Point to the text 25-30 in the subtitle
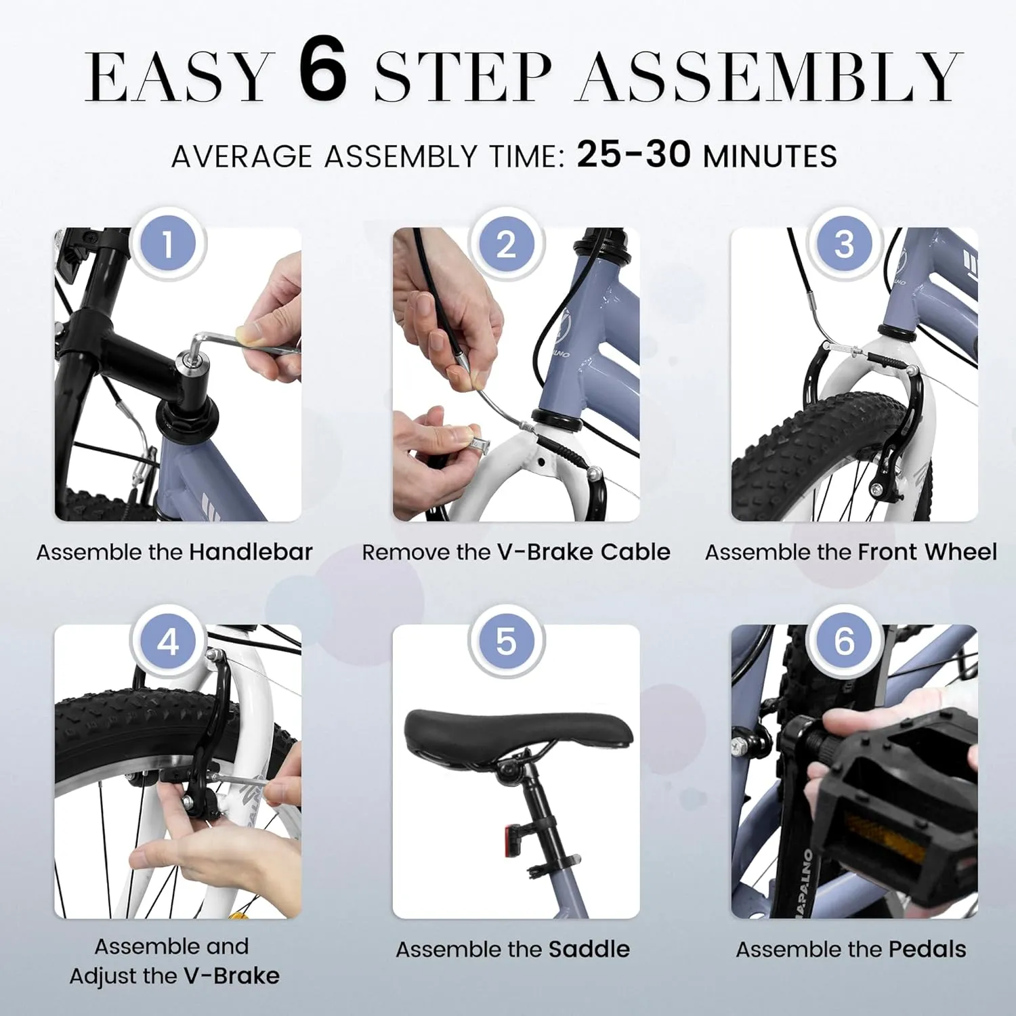click(633, 154)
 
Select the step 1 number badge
click(168, 244)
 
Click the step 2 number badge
click(506, 244)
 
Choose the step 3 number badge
click(844, 244)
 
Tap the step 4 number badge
click(168, 641)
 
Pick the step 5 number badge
click(506, 641)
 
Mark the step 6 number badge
click(844, 641)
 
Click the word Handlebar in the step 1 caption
click(251, 552)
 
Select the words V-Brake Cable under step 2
click(584, 552)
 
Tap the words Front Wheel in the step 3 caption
click(927, 552)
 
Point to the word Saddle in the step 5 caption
click(589, 949)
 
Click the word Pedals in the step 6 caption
click(927, 949)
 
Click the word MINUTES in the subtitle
click(770, 156)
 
